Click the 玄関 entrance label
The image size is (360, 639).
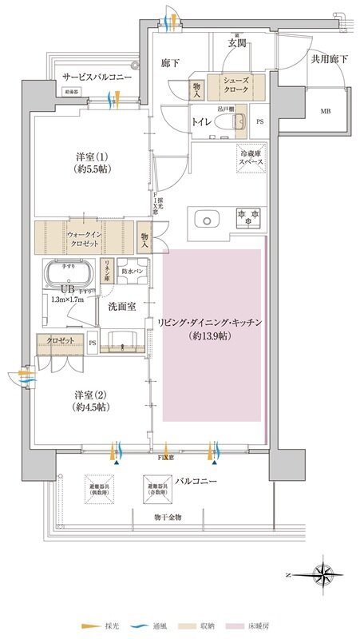click(x=235, y=42)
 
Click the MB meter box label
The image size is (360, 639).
click(x=326, y=112)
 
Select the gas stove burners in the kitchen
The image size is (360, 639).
click(x=247, y=216)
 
